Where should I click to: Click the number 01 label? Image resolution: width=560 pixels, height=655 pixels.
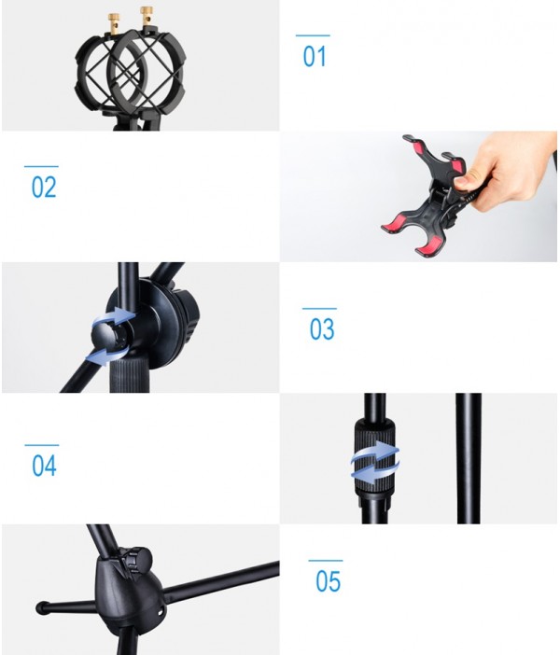315,57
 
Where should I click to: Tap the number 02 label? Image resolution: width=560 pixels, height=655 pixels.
44,188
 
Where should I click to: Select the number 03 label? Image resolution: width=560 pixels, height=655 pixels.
322,329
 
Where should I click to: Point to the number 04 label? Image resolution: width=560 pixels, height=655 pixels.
44,466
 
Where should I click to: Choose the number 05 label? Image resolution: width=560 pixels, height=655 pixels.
328,581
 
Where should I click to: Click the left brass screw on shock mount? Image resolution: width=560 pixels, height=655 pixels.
114,20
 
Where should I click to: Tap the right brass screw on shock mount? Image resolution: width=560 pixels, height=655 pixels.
147,15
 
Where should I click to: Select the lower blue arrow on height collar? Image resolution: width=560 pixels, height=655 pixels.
375,469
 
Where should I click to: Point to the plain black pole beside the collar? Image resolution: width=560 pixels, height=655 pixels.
469,458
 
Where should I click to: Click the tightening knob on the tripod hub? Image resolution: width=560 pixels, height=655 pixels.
137,559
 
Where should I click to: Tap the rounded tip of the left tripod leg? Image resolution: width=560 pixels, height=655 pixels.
42,607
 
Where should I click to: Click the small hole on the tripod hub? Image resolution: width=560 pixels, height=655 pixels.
160,611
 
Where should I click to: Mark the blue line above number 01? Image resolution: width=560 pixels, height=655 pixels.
313,36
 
